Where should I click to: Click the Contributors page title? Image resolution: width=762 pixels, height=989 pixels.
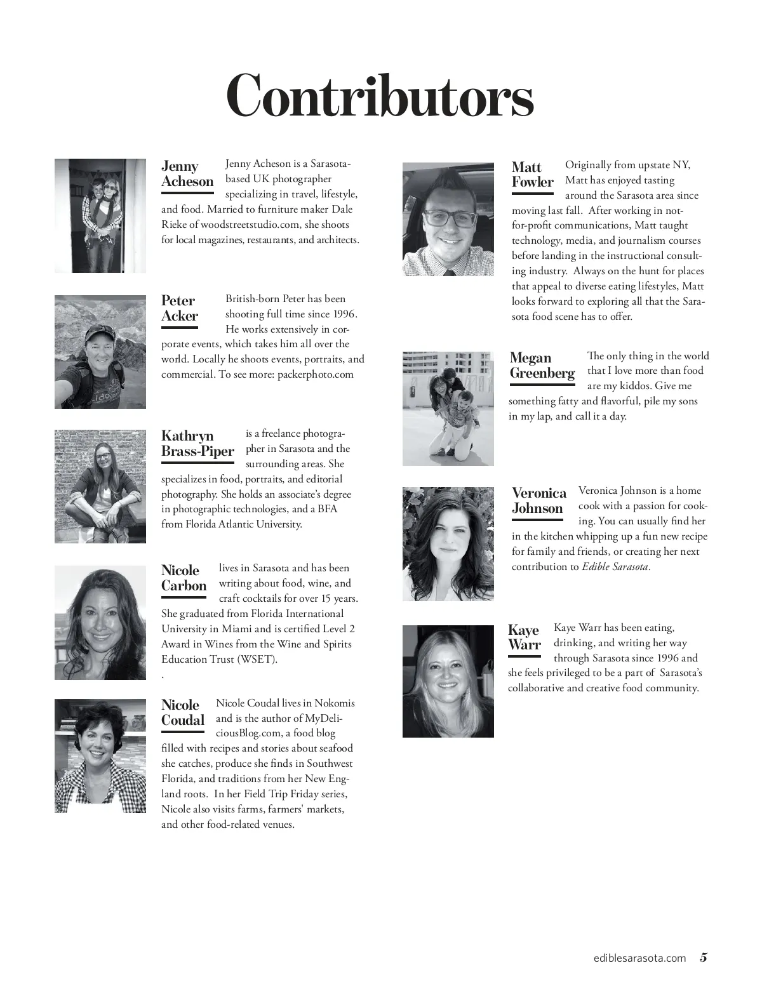[x=380, y=96]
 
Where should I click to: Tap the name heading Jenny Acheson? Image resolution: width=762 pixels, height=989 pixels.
[x=187, y=174]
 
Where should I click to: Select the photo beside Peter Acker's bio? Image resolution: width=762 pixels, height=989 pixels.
[x=100, y=352]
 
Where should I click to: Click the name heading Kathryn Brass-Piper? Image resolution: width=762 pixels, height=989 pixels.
[x=197, y=444]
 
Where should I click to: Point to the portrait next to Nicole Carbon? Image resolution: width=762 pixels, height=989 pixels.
[x=100, y=623]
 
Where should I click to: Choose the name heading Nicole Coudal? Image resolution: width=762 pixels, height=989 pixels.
[x=183, y=712]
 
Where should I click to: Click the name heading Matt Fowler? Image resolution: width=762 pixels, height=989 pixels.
[x=532, y=175]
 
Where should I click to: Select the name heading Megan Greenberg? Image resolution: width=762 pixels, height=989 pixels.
[x=542, y=366]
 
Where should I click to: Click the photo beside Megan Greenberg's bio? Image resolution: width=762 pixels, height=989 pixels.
[x=448, y=409]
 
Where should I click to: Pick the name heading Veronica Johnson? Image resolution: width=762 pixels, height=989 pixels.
[x=538, y=500]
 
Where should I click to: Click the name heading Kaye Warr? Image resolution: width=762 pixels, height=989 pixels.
[x=525, y=637]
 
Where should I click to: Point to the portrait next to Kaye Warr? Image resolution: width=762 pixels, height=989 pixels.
[x=448, y=681]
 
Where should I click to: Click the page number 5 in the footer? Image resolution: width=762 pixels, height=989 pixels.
[x=704, y=958]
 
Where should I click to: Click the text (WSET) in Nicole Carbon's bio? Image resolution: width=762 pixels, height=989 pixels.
[x=257, y=660]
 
